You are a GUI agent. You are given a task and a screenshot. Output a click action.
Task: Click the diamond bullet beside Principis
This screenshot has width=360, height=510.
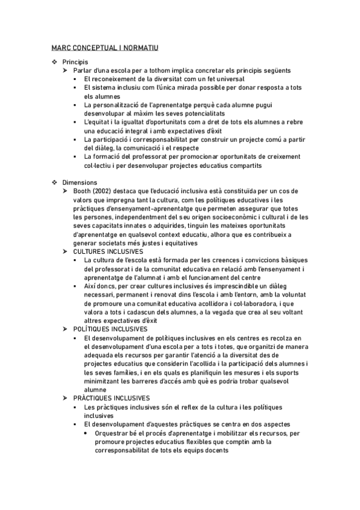pyautogui.click(x=55, y=61)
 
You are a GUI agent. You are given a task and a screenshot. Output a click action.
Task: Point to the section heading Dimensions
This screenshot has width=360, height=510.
pyautogui.click(x=80, y=182)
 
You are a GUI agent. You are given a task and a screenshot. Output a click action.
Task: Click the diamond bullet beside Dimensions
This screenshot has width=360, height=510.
pyautogui.click(x=55, y=182)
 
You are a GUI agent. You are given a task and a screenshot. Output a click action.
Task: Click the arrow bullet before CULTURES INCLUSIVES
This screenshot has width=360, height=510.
pyautogui.click(x=66, y=251)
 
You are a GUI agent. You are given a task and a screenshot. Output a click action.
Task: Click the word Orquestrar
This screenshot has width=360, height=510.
pyautogui.click(x=112, y=432)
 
